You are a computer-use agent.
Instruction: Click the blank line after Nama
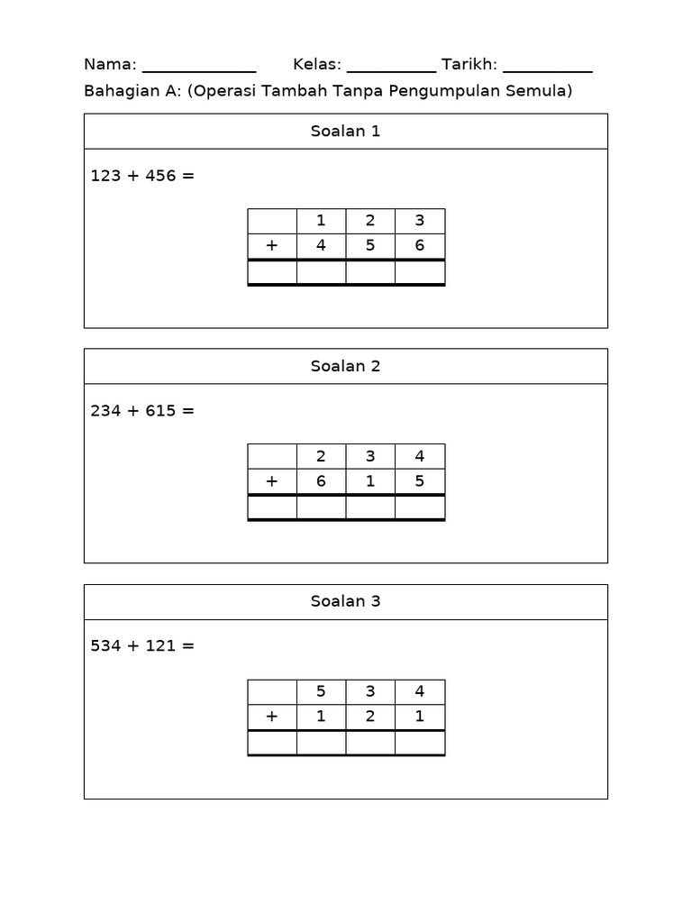point(199,72)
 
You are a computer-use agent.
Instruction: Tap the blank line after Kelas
point(391,72)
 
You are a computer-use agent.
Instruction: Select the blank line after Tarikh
point(548,72)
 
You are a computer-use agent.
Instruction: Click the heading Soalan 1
point(345,131)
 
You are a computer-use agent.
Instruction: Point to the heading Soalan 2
point(345,366)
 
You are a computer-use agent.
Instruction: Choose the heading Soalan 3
point(345,601)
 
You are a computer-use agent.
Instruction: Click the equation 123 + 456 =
point(142,176)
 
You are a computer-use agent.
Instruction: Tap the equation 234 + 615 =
point(142,410)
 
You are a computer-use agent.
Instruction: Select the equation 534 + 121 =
point(142,645)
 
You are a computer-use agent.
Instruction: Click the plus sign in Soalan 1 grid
point(271,245)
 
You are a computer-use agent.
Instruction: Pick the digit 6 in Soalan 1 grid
point(420,245)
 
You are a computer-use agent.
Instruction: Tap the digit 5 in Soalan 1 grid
point(370,245)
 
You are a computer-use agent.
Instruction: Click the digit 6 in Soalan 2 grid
point(321,481)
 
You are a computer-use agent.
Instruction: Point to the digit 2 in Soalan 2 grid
point(321,455)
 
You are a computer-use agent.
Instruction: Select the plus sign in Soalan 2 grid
point(271,481)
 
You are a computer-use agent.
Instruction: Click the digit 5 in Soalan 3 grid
point(321,690)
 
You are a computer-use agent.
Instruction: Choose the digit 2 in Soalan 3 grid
point(370,716)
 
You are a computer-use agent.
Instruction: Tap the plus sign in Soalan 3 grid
point(271,717)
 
